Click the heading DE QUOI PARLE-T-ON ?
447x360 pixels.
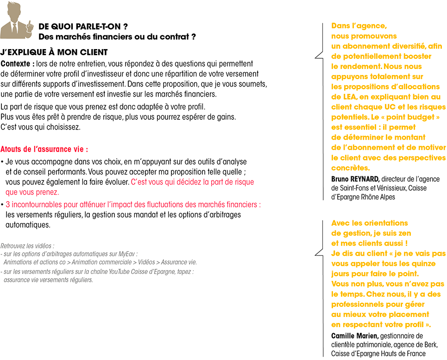click(x=83, y=26)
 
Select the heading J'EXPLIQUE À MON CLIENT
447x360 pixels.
click(x=54, y=52)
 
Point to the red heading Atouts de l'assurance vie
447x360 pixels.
click(x=44, y=149)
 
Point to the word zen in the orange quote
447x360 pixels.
click(x=403, y=233)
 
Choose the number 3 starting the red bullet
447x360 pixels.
click(x=8, y=205)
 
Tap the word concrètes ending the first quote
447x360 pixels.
click(x=351, y=168)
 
